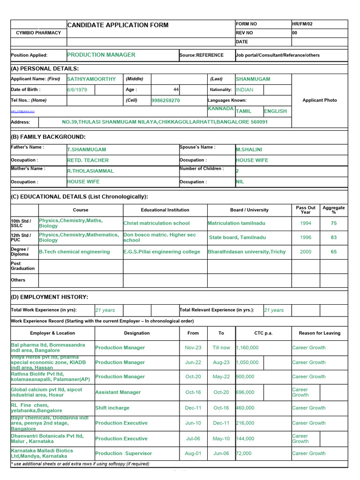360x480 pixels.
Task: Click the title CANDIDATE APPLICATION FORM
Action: [x=118, y=25]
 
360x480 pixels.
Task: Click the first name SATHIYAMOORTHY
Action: [x=91, y=79]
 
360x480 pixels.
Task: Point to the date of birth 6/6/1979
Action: [x=77, y=90]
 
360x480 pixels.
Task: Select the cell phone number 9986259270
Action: [x=165, y=100]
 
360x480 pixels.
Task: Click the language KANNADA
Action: [x=220, y=109]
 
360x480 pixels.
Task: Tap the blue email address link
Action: [x=23, y=112]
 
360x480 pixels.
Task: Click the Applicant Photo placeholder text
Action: [x=319, y=100]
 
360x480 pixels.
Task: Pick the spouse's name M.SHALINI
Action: [x=249, y=150]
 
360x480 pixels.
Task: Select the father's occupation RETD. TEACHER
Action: [x=88, y=160]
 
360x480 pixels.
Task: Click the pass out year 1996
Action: [x=306, y=238]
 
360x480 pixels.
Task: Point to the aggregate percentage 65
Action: [x=334, y=252]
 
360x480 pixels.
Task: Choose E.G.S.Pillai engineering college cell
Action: [x=162, y=252]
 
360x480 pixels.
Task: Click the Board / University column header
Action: [x=249, y=210]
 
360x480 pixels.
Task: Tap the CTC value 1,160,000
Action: [x=247, y=348]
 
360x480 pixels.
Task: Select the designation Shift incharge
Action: [x=112, y=408]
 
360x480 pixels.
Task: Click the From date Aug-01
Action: [x=193, y=453]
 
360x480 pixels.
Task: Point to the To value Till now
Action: [x=221, y=348]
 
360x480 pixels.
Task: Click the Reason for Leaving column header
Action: [x=319, y=333]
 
